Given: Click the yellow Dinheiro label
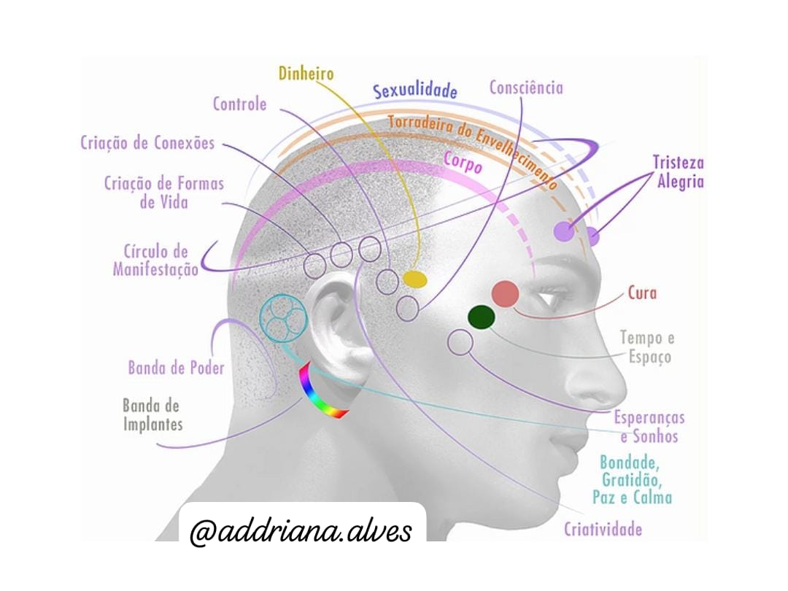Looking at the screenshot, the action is [306, 74].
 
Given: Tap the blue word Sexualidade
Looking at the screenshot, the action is [415, 90].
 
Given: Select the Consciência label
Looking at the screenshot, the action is [526, 88].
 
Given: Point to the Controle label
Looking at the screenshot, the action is [240, 104].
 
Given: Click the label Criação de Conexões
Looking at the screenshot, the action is [147, 143].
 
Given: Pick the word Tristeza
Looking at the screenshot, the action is [678, 162].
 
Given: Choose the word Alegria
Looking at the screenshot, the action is [681, 181].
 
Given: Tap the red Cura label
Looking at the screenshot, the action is [642, 293].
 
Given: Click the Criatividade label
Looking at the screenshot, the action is [603, 529].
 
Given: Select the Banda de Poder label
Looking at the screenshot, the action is [177, 368].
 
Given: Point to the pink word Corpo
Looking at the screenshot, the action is [463, 162].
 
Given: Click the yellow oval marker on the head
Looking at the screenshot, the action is [414, 279].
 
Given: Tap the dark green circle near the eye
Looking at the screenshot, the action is [482, 317].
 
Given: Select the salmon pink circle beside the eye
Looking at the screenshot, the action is [505, 294].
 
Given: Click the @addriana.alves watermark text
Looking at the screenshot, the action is [301, 530].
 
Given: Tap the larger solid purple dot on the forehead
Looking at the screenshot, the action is [564, 231].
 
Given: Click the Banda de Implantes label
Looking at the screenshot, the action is [152, 415].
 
